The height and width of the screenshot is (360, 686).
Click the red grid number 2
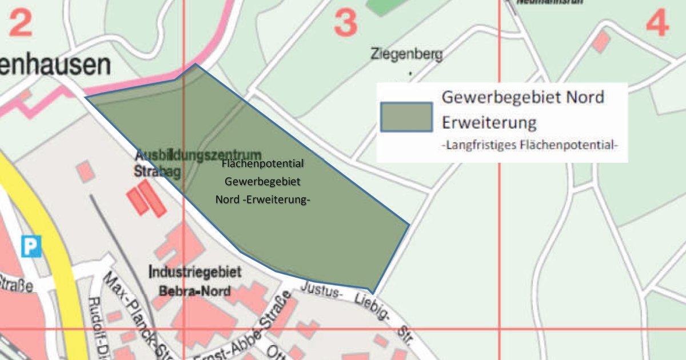click(21, 23)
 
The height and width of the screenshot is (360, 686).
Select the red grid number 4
click(657, 24)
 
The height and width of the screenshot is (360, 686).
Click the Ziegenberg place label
click(406, 55)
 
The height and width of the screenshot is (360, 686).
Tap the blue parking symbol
click(31, 246)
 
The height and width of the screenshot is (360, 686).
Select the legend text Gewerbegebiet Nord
click(523, 97)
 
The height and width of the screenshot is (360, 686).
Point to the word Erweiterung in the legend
click(489, 122)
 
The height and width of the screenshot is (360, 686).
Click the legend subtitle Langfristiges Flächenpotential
click(530, 145)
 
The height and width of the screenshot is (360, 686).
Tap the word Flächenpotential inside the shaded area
click(262, 164)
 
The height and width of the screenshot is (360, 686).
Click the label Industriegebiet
click(194, 273)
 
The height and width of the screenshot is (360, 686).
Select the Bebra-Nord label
click(194, 291)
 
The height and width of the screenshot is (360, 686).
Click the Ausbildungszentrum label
click(198, 155)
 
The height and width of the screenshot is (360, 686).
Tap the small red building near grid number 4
click(600, 41)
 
